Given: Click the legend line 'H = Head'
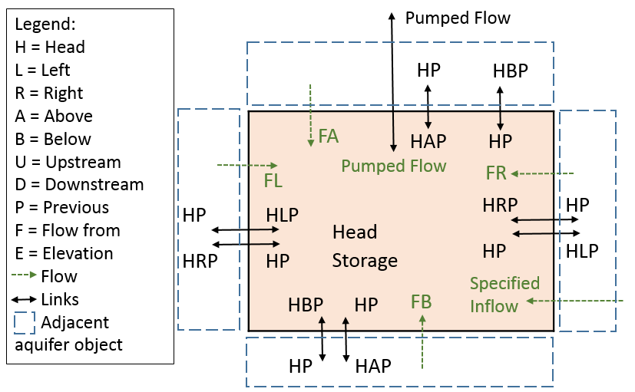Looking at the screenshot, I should [50, 47].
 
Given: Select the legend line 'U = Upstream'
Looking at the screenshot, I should [68, 162].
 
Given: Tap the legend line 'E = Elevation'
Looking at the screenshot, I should [64, 253].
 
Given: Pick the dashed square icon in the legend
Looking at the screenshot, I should [25, 321].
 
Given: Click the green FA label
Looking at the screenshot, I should [328, 137].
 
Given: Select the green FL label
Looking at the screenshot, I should [273, 180].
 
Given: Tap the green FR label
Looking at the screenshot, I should [496, 173].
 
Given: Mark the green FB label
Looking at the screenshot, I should [422, 301].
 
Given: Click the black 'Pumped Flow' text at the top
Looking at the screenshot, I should [458, 18].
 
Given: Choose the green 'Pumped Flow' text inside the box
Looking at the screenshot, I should [394, 166].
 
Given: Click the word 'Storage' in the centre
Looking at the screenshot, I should [365, 261].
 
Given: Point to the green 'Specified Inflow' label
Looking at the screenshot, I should [504, 295].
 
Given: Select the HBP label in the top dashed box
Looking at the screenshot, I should [511, 71].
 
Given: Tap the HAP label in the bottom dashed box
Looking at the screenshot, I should [373, 367].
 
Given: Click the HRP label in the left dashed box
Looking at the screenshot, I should [200, 261].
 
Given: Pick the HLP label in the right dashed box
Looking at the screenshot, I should [582, 251].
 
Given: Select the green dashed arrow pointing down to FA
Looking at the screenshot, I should [310, 114].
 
